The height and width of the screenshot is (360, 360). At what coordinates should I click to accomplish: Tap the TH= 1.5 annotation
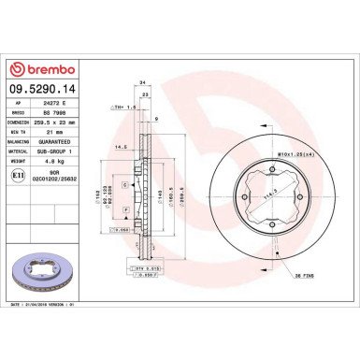click(124, 108)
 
